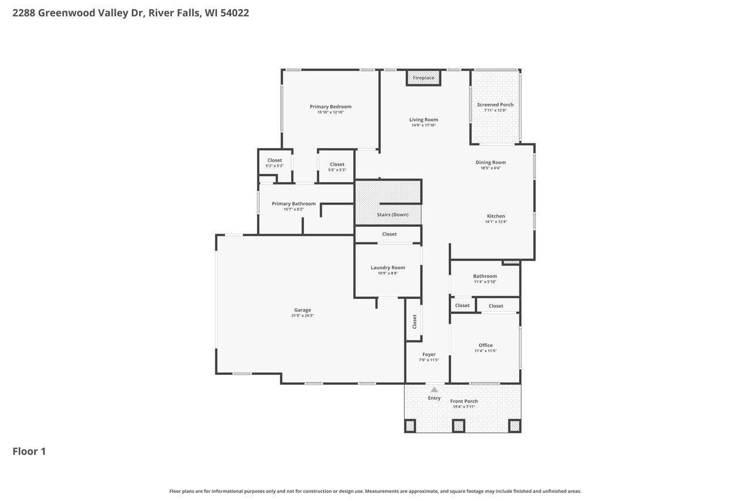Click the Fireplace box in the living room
tap(424, 78)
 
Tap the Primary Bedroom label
tap(330, 106)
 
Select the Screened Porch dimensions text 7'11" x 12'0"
tap(495, 110)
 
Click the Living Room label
tap(424, 119)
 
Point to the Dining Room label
tap(490, 162)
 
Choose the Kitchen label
tap(496, 216)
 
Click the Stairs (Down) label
tap(393, 214)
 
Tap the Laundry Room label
tap(388, 267)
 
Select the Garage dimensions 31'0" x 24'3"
tap(303, 316)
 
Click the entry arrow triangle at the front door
tap(434, 389)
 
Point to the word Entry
tap(434, 398)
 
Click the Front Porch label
tap(464, 401)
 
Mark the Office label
tap(486, 345)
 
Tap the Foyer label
tap(429, 354)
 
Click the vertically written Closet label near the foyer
tap(414, 321)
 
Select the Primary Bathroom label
tap(293, 203)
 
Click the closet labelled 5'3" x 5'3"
tap(275, 162)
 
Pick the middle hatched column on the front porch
tap(458, 426)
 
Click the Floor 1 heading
tap(29, 451)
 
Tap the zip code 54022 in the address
tap(235, 12)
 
